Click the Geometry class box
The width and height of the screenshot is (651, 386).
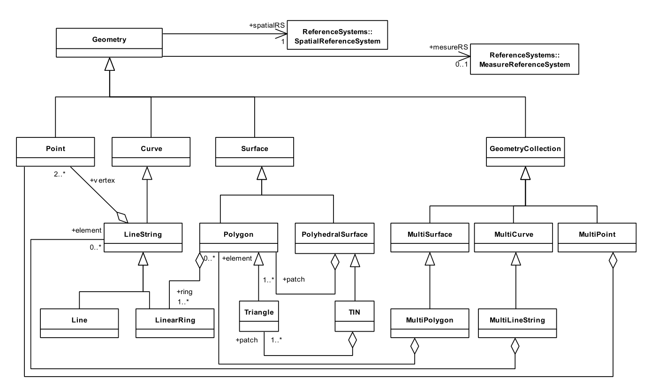109,43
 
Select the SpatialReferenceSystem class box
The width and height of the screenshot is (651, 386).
337,35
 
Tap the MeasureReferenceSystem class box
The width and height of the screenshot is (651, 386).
524,59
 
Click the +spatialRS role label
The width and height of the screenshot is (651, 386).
266,25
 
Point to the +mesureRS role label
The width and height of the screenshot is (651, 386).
448,47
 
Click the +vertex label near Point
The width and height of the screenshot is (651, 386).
102,180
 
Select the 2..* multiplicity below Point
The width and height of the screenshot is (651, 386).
60,174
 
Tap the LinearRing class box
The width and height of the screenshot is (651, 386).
175,323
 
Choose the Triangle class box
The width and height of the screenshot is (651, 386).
258,316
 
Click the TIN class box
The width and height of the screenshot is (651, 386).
354,316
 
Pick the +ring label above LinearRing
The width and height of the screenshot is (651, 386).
184,292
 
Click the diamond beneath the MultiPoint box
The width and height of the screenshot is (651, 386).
613,260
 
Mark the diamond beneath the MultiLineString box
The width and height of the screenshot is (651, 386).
515,346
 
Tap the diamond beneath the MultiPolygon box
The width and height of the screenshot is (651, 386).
415,346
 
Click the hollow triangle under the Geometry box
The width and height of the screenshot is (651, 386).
110,64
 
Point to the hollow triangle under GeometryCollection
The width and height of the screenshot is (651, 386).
525,173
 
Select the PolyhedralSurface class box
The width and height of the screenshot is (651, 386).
334,238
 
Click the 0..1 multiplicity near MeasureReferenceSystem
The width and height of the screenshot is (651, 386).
462,64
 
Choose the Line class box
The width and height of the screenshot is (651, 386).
79,323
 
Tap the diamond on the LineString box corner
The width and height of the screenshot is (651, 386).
122,218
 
